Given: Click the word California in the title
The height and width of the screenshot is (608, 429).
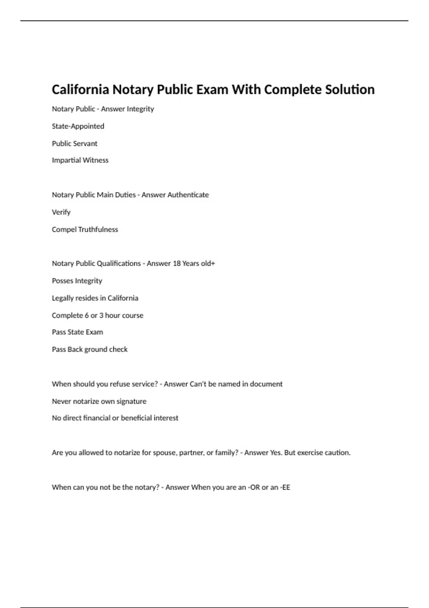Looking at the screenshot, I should [80, 89].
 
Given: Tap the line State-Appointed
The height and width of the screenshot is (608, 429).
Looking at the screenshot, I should [78, 126].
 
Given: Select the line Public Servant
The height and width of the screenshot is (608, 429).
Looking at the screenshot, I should [74, 143].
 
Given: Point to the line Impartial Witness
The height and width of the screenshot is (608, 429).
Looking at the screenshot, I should [80, 160].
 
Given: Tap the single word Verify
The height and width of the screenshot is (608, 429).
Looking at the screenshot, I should [61, 212].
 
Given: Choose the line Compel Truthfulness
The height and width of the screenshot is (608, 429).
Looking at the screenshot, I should [85, 229].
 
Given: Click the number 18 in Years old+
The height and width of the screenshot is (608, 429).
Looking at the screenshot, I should [177, 264].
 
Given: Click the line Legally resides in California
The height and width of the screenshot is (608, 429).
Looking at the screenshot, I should [95, 298].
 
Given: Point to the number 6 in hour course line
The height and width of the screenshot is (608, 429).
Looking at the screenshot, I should [87, 315].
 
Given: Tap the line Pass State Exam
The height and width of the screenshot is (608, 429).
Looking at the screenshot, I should [77, 332].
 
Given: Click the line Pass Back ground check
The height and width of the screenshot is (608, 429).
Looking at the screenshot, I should [89, 349].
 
